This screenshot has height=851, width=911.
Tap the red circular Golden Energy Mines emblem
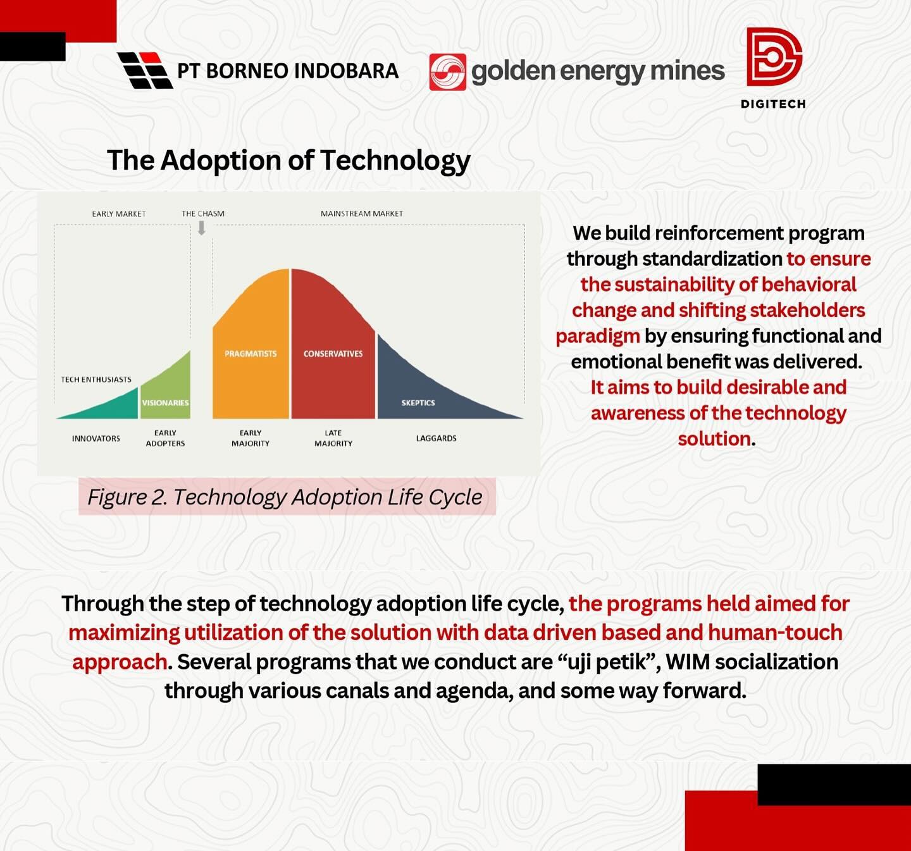(448, 72)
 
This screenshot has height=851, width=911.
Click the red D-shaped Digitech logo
(774, 57)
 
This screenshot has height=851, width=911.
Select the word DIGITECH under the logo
(773, 104)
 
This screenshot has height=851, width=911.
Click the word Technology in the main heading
(395, 161)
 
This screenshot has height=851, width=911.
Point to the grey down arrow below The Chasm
(201, 228)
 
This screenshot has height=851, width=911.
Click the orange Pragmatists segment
(251, 349)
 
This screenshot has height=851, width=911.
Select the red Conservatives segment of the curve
(333, 349)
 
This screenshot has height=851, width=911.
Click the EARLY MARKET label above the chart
(119, 214)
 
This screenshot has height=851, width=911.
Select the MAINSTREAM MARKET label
(362, 214)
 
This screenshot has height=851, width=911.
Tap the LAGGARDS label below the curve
(437, 438)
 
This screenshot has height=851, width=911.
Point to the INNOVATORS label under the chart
(96, 438)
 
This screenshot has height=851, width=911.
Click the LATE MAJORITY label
(333, 438)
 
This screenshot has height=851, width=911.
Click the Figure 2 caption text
(285, 497)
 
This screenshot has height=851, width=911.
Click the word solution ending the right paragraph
(714, 439)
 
